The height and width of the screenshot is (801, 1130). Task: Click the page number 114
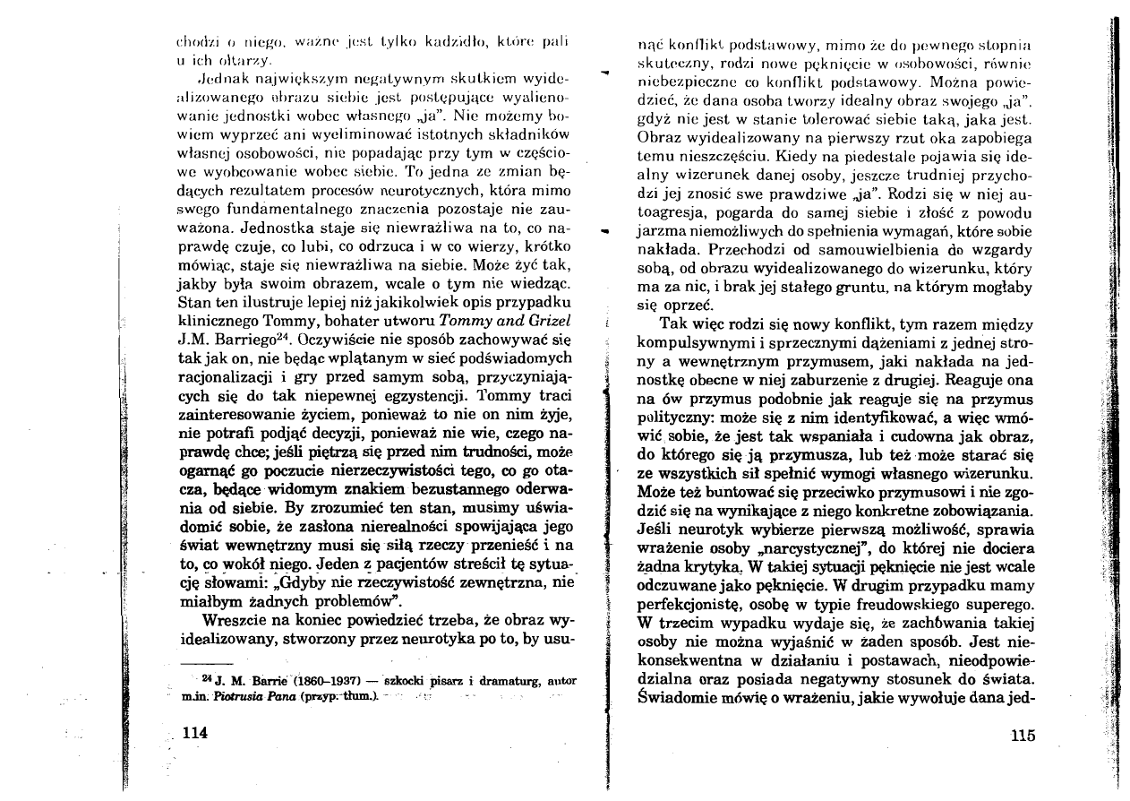pyautogui.click(x=195, y=732)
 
